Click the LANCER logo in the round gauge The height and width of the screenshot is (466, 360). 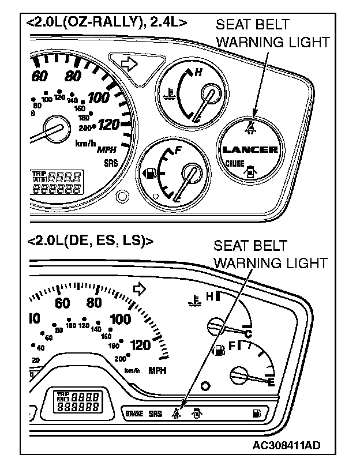[x=250, y=150]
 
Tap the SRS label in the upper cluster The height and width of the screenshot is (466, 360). [x=110, y=163]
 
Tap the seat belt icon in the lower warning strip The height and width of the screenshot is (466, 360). [x=175, y=412]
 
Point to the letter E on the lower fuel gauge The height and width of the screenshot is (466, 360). [x=270, y=382]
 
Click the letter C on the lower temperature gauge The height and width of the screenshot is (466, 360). [x=249, y=333]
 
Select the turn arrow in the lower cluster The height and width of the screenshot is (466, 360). [x=138, y=288]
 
